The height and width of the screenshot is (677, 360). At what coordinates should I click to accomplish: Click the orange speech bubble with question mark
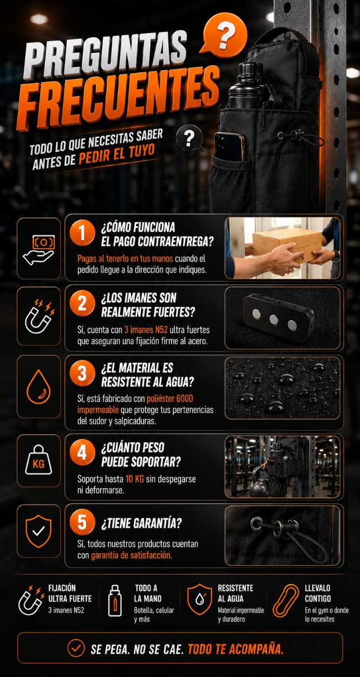pos(224,35)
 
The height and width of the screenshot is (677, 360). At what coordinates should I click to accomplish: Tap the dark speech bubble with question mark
pos(190,138)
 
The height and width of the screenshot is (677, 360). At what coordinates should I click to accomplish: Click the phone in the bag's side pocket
pos(229,147)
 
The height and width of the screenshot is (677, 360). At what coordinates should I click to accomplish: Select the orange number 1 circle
pos(82,233)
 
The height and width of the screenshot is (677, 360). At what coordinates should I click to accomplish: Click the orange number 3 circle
pos(82,373)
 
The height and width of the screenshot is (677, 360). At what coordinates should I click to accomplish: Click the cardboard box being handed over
pos(286,244)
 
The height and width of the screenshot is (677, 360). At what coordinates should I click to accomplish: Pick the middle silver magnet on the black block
pos(274,319)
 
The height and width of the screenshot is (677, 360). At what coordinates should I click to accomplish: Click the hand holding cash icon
pos(39,250)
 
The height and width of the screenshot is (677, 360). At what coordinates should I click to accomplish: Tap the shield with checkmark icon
pos(39,531)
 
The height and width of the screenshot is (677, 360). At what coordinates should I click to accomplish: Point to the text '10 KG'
pos(135,479)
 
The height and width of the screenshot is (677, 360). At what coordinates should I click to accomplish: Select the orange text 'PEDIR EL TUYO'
pos(117,155)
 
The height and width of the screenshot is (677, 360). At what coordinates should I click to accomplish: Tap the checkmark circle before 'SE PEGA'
pos(76,648)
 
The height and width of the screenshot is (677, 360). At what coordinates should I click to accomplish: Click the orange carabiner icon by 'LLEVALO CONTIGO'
pos(286,601)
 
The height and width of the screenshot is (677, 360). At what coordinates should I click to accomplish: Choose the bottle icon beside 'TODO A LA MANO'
pos(115,600)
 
